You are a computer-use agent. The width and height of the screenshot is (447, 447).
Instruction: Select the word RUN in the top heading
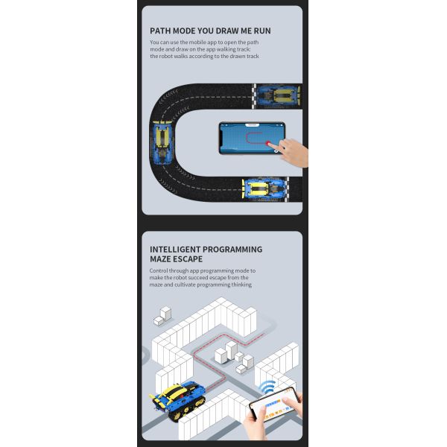click(262, 31)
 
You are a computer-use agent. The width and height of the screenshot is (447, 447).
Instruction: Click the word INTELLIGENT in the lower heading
click(175, 250)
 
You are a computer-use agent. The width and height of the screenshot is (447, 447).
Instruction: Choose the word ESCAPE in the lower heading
click(188, 259)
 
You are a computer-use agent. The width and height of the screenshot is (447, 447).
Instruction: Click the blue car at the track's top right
click(279, 96)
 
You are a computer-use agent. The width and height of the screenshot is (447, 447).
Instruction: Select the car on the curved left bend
click(162, 142)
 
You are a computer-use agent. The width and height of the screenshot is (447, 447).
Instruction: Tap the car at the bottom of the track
click(264, 188)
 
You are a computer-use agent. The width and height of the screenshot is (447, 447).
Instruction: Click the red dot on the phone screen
click(268, 143)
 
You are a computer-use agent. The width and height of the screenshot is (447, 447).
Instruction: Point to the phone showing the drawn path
click(252, 139)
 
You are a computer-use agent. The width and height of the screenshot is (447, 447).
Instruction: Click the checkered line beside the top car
click(254, 96)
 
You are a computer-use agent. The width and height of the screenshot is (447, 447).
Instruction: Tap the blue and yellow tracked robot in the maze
click(178, 399)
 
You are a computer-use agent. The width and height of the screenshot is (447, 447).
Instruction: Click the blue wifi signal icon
click(267, 387)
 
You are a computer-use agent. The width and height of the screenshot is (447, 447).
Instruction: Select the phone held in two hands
click(273, 405)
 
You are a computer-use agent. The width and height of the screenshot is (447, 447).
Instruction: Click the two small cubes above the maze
click(162, 316)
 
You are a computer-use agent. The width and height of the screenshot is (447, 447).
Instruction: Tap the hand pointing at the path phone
click(293, 152)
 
